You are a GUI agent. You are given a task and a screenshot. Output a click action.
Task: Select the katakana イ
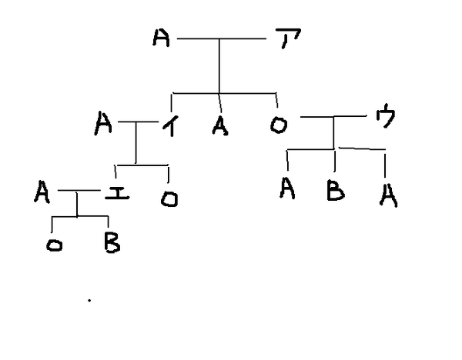click(169, 125)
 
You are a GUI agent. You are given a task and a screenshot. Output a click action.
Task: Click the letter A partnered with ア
click(160, 38)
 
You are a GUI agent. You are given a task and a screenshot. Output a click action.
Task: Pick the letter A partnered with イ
click(104, 123)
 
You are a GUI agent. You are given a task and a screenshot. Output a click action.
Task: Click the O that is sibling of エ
click(169, 199)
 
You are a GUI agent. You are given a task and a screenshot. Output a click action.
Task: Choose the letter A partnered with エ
click(42, 191)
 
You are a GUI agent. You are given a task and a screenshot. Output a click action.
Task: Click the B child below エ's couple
click(109, 244)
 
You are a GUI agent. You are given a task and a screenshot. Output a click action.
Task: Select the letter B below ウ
click(335, 190)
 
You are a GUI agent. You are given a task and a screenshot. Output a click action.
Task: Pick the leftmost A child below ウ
click(288, 188)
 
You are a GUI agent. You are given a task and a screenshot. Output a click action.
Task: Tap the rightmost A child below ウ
click(387, 197)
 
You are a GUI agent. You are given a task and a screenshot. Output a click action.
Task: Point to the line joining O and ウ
click(333, 117)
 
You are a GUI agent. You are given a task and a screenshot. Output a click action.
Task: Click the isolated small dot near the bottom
click(89, 301)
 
